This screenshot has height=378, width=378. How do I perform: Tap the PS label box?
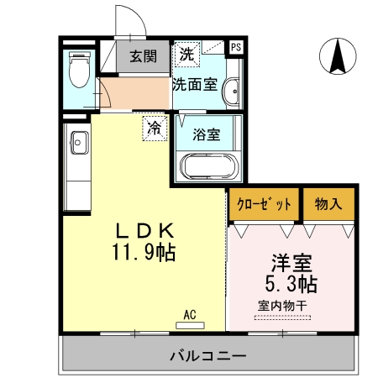236,47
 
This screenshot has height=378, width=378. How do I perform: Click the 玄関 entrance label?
143,57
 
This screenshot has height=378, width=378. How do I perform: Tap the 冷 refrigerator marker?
155,128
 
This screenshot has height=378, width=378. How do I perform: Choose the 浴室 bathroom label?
206,133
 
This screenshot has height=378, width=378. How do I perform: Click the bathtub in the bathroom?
208,167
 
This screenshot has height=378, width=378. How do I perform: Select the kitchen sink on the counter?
78,143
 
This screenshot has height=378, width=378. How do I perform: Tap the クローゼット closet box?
264,204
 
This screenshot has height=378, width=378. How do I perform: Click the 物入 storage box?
328,204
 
